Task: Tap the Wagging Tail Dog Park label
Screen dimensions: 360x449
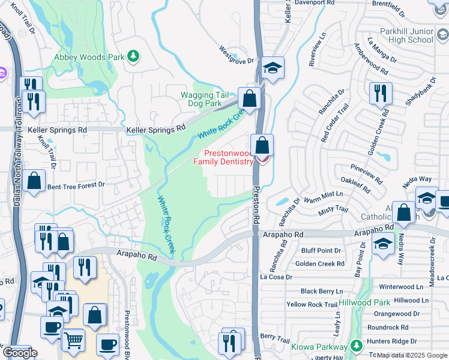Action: click(x=206, y=99)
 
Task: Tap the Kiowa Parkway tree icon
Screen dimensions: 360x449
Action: click(x=356, y=346)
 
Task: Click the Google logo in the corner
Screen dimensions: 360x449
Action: click(x=20, y=353)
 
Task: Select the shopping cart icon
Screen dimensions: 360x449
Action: click(x=73, y=340)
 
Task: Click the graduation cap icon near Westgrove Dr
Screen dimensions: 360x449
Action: click(x=273, y=68)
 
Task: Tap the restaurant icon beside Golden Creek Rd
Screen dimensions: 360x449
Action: click(x=381, y=93)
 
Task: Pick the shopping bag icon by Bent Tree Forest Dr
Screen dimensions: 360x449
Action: click(x=35, y=181)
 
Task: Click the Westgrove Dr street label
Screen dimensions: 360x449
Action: click(x=237, y=55)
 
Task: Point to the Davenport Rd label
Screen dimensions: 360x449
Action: click(x=317, y=3)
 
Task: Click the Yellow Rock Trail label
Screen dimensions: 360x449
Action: click(x=312, y=305)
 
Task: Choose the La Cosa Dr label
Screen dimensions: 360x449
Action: click(x=276, y=277)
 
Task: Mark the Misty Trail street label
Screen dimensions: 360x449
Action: click(x=334, y=209)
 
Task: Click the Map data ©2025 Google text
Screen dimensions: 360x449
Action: click(x=412, y=355)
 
